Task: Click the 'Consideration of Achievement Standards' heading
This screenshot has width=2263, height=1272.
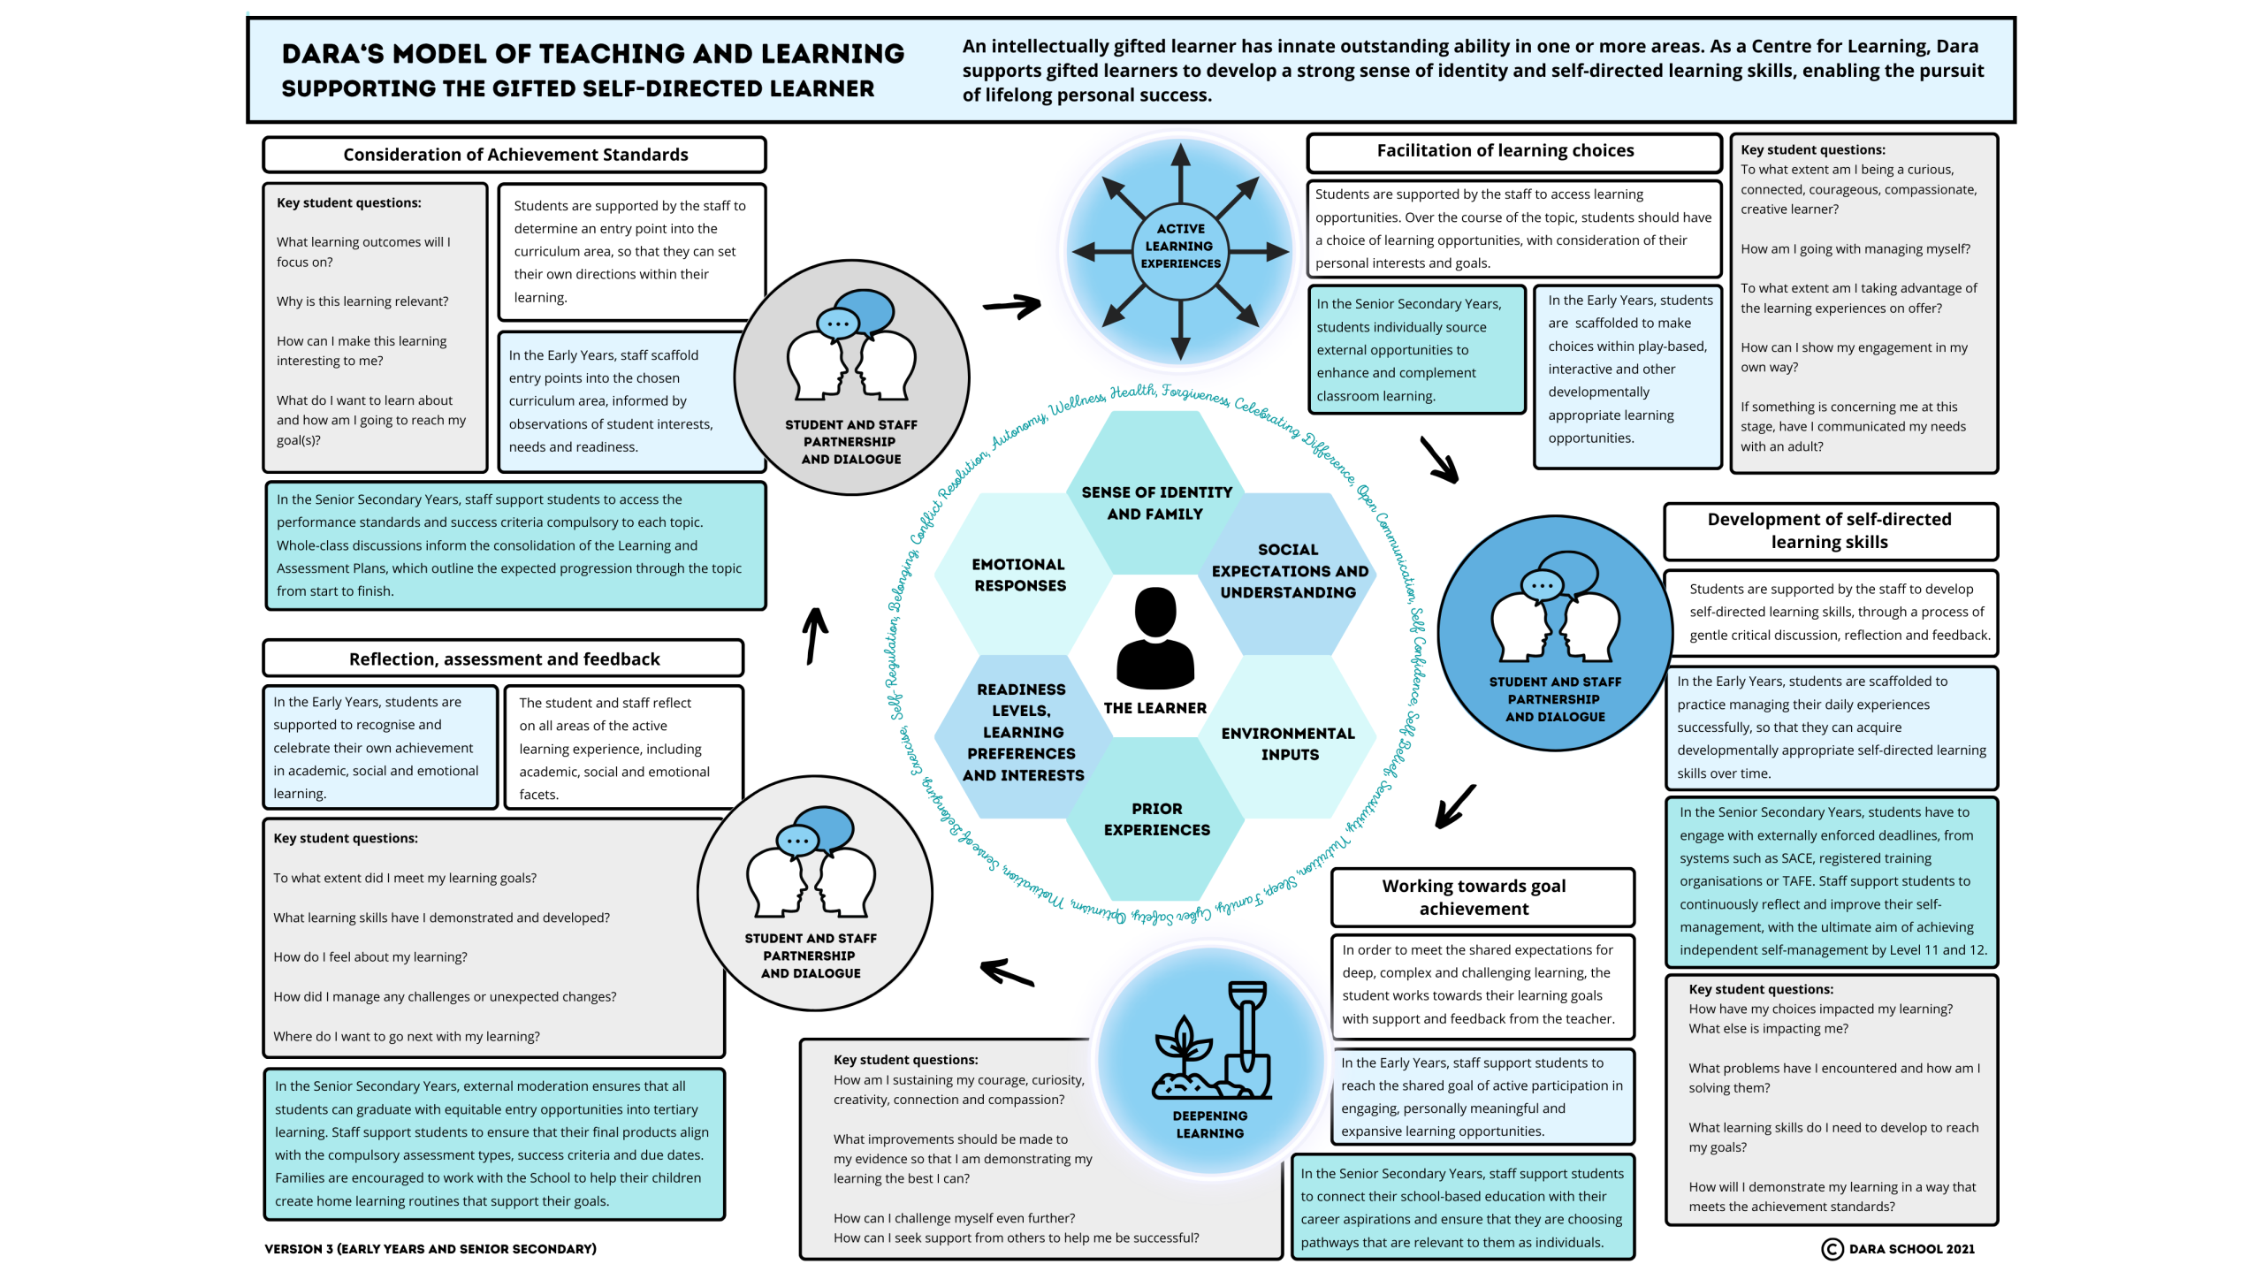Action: pyautogui.click(x=514, y=155)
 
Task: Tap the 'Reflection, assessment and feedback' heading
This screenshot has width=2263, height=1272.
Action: pyautogui.click(x=504, y=659)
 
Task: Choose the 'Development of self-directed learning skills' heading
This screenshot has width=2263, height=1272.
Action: pyautogui.click(x=1829, y=530)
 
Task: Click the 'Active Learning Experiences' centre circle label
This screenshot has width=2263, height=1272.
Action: pyautogui.click(x=1180, y=246)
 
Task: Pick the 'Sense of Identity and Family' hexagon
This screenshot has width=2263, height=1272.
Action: pyautogui.click(x=1155, y=502)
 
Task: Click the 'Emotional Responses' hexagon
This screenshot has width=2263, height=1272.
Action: pyautogui.click(x=1019, y=575)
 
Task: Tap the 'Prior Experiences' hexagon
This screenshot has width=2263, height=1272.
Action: pyautogui.click(x=1156, y=819)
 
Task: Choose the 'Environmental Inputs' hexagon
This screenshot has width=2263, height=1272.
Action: pyautogui.click(x=1288, y=743)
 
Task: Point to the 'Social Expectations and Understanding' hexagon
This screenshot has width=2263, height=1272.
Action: pyautogui.click(x=1288, y=570)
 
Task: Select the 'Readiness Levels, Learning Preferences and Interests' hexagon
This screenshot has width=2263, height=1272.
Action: pyautogui.click(x=1022, y=731)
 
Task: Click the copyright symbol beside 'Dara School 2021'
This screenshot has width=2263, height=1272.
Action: pyautogui.click(x=1832, y=1248)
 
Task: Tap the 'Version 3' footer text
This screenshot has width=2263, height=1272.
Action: pyautogui.click(x=430, y=1248)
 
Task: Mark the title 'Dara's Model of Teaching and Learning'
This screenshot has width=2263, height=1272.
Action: pyautogui.click(x=592, y=54)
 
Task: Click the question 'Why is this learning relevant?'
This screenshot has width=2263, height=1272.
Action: pyautogui.click(x=362, y=301)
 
